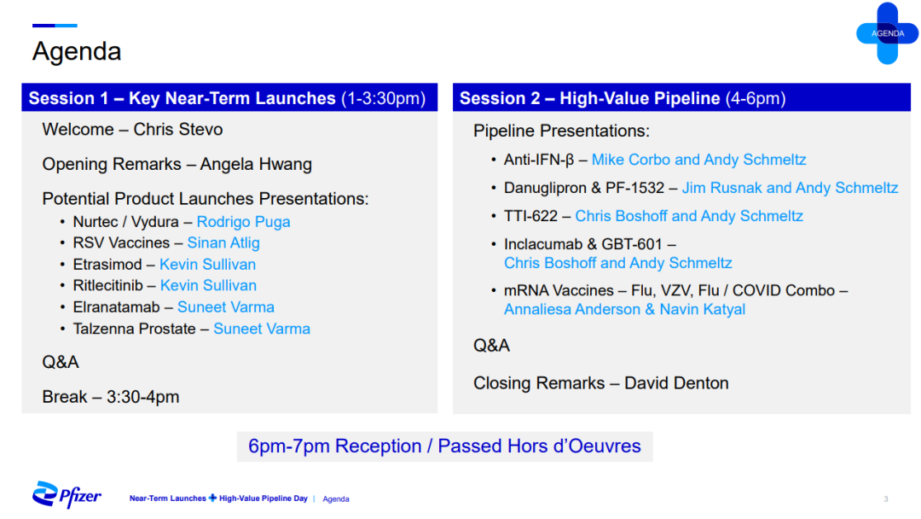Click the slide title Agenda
coord(77,52)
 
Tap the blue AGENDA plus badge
coord(887,33)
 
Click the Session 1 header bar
coord(229,97)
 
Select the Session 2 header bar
coord(681,97)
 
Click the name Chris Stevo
coord(178,129)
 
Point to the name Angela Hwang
coord(256,164)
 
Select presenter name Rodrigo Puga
coord(243,222)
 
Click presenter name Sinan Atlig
coord(223,242)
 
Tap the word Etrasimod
coord(107,265)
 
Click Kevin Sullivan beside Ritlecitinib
coord(208,286)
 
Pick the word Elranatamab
coord(116,307)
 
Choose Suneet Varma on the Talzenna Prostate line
coord(262,329)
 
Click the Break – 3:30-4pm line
coord(110,397)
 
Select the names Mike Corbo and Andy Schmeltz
coord(698,160)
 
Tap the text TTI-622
coord(530,216)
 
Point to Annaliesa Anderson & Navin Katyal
coord(624,309)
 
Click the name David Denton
coord(676,383)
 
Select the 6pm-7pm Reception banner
coord(444,446)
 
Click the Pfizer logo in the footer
coord(67,495)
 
